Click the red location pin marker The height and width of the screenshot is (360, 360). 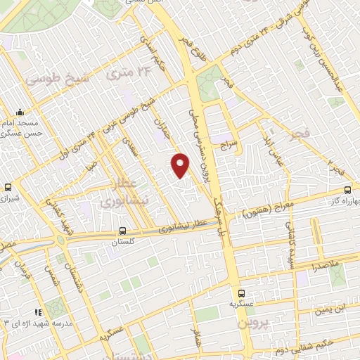click(181, 165)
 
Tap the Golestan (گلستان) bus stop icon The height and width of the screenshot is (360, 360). click(123, 230)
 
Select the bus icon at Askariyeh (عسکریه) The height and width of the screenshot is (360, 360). click(241, 292)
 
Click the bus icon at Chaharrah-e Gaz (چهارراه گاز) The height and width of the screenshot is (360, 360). click(347, 190)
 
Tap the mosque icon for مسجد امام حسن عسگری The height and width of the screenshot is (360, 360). click(20, 112)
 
